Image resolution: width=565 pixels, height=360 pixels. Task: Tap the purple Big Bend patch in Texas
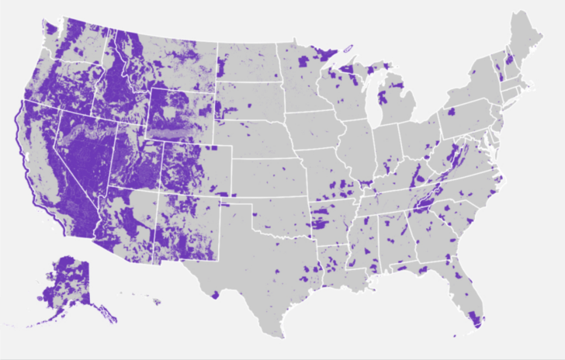pyautogui.click(x=215, y=294)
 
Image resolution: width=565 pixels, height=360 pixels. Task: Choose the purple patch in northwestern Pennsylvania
pyautogui.click(x=451, y=112)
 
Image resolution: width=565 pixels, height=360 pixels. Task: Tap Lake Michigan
pyautogui.click(x=372, y=105)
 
